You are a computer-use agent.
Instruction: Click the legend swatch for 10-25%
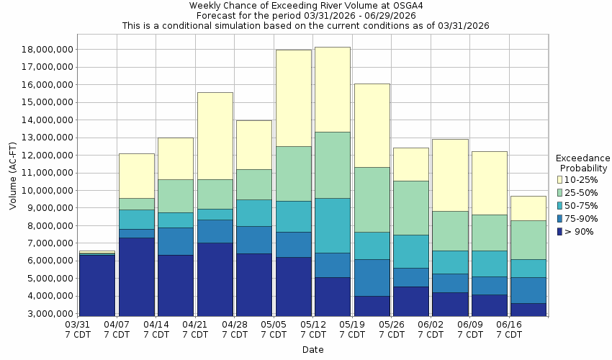click(561, 179)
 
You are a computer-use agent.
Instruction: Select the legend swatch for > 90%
click(561, 232)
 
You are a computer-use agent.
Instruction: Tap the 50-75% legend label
click(582, 205)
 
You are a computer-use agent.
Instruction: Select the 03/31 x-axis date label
click(77, 330)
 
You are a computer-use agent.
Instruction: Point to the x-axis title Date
click(312, 350)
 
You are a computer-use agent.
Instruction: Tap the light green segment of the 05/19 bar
click(372, 199)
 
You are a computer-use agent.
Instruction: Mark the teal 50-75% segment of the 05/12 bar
click(333, 225)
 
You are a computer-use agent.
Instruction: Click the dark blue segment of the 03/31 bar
click(96, 285)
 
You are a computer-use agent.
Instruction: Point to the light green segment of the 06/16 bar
click(528, 240)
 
